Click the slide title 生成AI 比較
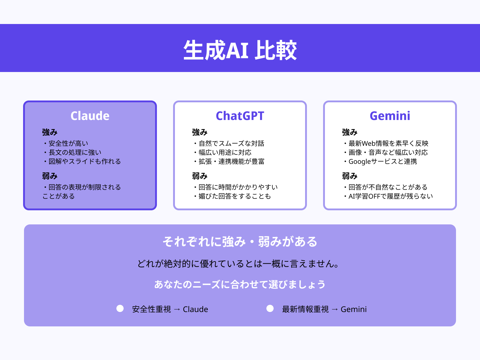(x=240, y=50)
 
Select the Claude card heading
(x=90, y=116)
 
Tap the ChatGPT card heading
(x=240, y=116)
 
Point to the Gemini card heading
(x=390, y=116)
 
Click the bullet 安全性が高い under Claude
(x=68, y=143)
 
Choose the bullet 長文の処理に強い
(x=75, y=152)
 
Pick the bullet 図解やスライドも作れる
(x=85, y=161)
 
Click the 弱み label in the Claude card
(x=50, y=176)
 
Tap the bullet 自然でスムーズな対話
(x=231, y=143)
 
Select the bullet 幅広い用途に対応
(x=225, y=152)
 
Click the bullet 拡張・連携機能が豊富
(x=231, y=161)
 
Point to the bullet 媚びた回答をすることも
(x=235, y=196)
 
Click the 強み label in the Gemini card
(x=350, y=132)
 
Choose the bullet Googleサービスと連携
(x=382, y=161)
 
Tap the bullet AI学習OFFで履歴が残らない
(x=391, y=196)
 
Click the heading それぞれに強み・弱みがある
(x=240, y=242)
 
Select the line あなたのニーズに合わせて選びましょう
(x=240, y=284)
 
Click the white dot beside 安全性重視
(x=120, y=308)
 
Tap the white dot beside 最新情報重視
(x=270, y=308)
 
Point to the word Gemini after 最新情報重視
(x=354, y=309)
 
